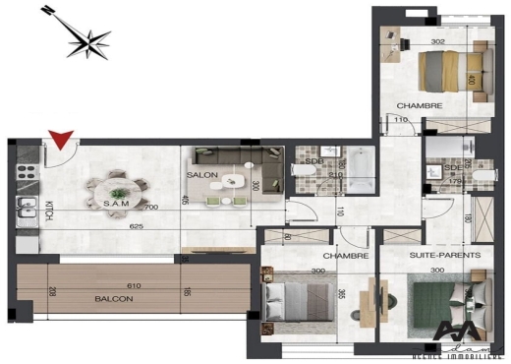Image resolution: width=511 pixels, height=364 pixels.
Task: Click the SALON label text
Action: tap(202, 174)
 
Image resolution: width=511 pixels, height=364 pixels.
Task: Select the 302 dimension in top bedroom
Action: tap(439, 42)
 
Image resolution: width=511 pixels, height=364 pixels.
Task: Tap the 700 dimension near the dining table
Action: tap(150, 209)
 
